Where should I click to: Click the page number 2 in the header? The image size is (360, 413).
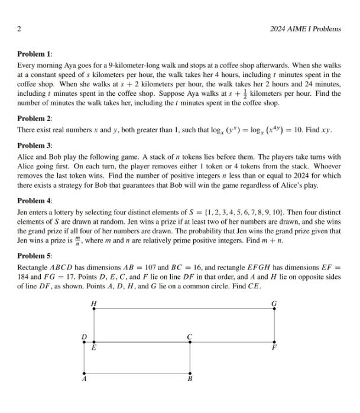point(20,28)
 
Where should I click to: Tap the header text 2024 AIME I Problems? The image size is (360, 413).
point(305,28)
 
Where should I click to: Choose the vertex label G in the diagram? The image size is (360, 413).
point(274,304)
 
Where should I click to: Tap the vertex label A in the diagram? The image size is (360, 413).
point(83,380)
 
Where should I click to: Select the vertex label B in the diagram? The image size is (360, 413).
point(190,380)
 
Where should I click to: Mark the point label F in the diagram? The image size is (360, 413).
point(274,348)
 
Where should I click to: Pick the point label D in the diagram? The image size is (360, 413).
point(83,337)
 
